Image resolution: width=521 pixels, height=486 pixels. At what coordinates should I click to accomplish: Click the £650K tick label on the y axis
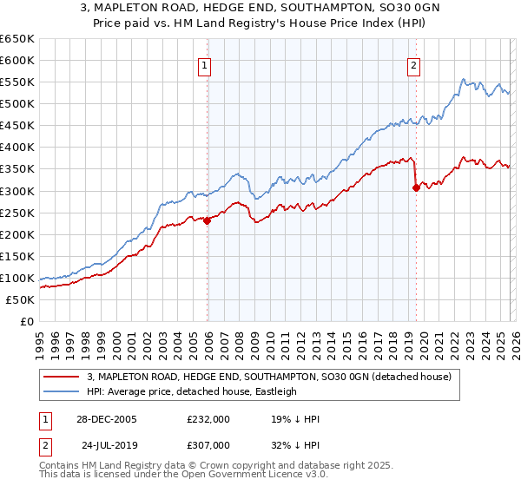tap(17, 39)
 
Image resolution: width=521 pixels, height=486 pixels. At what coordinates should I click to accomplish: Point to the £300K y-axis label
tap(17, 191)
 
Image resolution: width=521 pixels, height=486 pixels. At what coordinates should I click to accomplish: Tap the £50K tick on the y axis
tap(21, 299)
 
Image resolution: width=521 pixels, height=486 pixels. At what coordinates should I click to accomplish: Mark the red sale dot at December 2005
tap(208, 220)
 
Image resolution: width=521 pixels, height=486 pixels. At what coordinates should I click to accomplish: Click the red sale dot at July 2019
tap(416, 187)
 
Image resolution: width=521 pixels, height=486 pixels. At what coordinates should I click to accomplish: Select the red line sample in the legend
tap(61, 377)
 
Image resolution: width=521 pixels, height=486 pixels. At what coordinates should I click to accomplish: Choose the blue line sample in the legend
tap(61, 391)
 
